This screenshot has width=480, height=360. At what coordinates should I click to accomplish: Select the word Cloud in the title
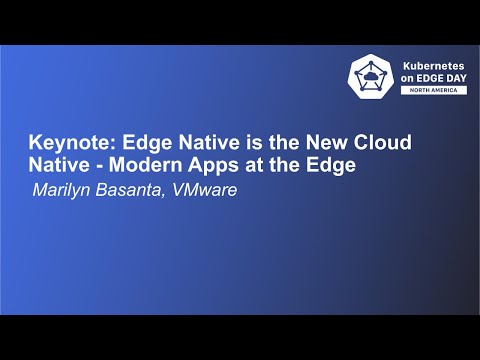382,141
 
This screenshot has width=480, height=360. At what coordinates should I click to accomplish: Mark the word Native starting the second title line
56,165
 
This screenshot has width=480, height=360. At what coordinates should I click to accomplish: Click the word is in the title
239,141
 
